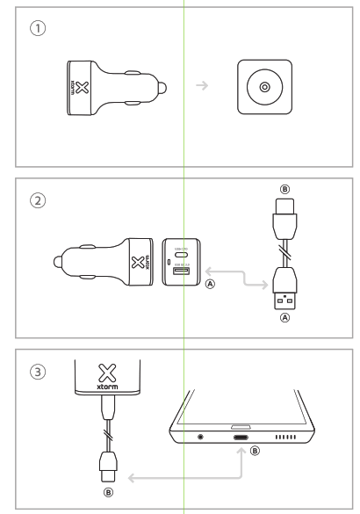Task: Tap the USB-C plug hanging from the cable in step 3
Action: (x=109, y=463)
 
